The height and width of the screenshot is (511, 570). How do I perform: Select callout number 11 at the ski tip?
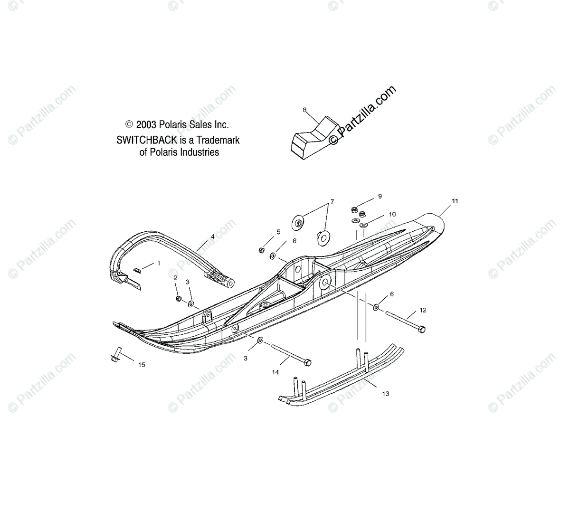[x=455, y=201]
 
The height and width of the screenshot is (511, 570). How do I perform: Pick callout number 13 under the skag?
[x=385, y=394]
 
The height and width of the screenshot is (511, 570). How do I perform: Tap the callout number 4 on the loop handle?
[x=212, y=236]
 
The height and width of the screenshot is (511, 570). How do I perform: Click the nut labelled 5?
[x=261, y=250]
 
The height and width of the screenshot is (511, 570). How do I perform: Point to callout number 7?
[x=332, y=202]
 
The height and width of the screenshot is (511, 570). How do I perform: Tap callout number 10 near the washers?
[x=392, y=214]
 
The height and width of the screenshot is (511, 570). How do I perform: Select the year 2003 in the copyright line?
[x=146, y=125]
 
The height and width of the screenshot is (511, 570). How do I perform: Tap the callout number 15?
[x=142, y=365]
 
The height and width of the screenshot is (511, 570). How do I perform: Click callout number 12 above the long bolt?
[x=423, y=310]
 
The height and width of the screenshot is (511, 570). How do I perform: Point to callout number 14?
[x=275, y=372]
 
